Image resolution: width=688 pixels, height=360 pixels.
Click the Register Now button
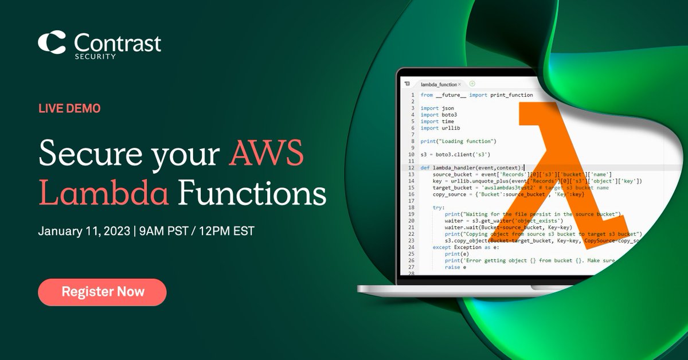pyautogui.click(x=103, y=292)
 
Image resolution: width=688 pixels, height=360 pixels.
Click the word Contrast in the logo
pyautogui.click(x=118, y=42)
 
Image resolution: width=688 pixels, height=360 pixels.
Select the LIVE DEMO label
pyautogui.click(x=69, y=108)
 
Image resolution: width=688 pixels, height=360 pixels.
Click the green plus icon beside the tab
pyautogui.click(x=472, y=84)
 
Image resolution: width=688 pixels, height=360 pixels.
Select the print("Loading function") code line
pyautogui.click(x=458, y=141)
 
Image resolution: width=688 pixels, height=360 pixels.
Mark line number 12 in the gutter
pyautogui.click(x=412, y=167)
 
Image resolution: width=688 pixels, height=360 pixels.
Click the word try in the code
pyautogui.click(x=438, y=208)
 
